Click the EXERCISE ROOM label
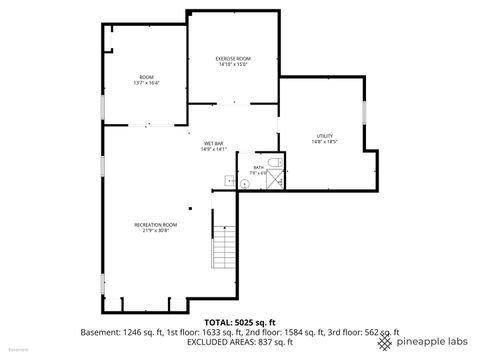(232, 58)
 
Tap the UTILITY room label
(324, 135)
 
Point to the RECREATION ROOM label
(155, 224)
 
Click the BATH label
(258, 166)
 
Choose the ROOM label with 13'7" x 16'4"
(146, 77)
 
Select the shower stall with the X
(270, 181)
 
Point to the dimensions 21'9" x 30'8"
(155, 231)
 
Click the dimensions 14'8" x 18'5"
(324, 142)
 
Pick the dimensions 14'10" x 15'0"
(232, 65)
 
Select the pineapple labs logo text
(432, 342)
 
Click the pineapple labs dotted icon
(386, 342)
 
